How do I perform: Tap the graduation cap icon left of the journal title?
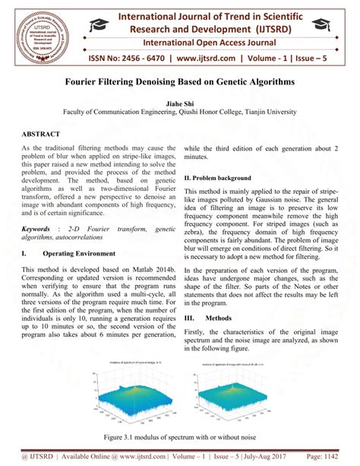click(99, 25)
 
